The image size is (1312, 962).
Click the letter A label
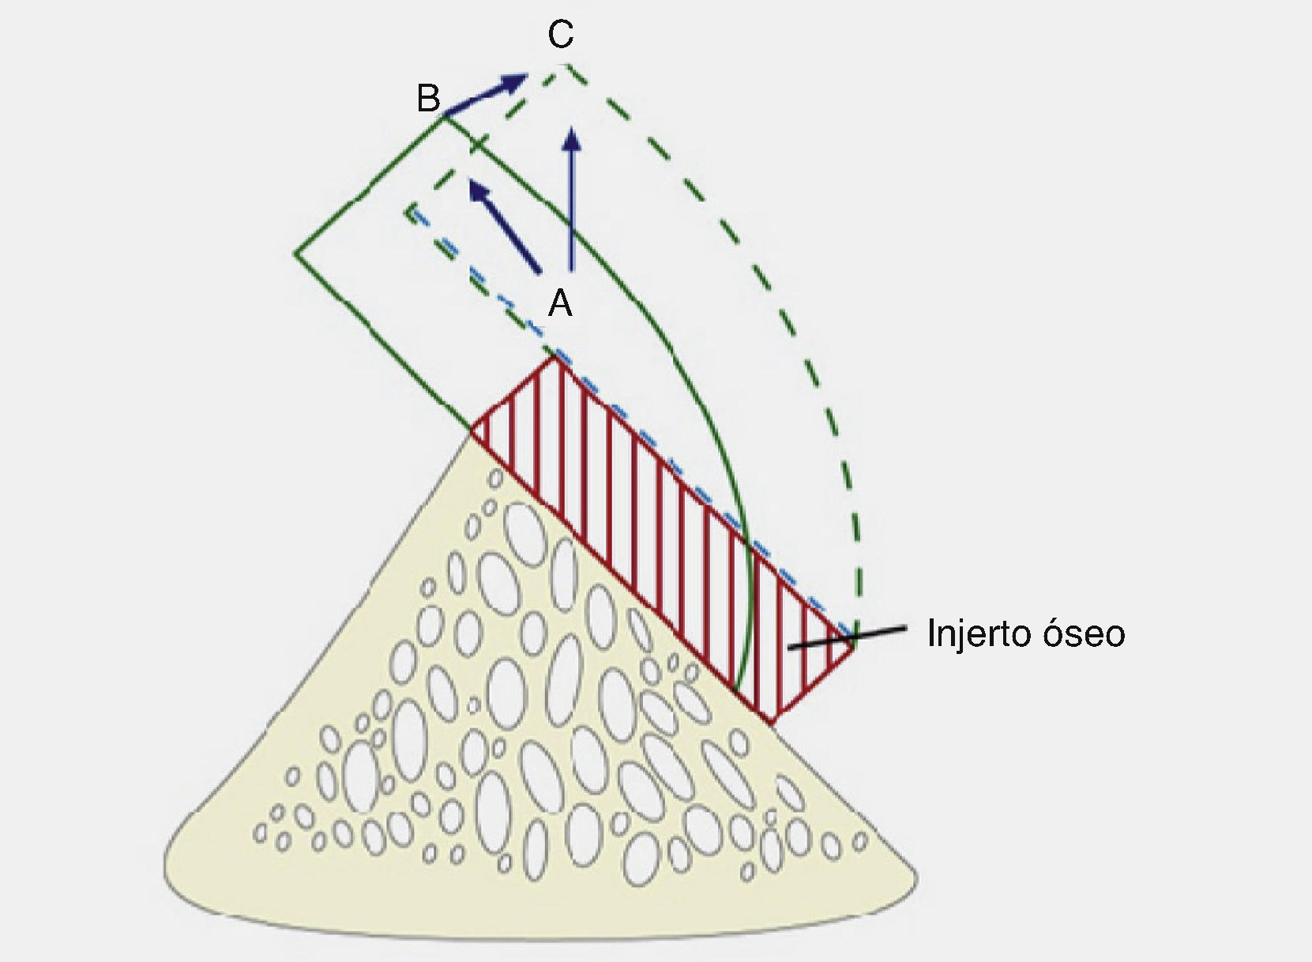click(x=560, y=302)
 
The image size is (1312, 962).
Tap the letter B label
click(x=428, y=100)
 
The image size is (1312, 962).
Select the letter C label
click(x=560, y=35)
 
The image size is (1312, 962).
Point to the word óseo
click(x=1090, y=633)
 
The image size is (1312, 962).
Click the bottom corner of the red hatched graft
click(x=771, y=722)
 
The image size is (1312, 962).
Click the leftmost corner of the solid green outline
click(x=296, y=254)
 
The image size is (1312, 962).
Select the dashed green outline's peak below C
click(x=564, y=65)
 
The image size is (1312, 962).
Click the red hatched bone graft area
click(x=664, y=537)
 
